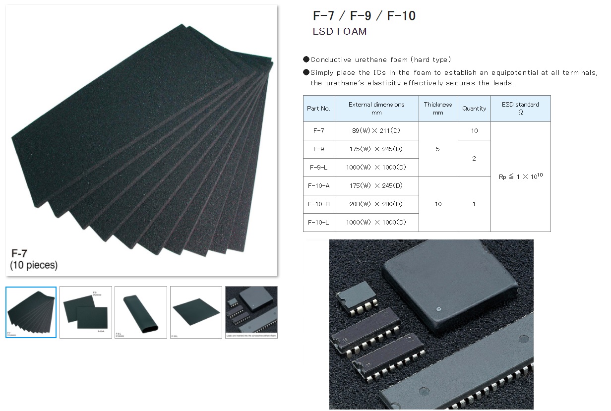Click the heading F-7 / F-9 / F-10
tap(364, 16)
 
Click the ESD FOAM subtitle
tap(340, 32)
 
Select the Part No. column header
tap(318, 109)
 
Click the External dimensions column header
tap(376, 109)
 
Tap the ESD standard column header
tap(520, 109)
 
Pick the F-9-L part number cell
tap(318, 167)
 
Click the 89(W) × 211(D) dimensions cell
tap(376, 131)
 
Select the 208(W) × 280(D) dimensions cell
tap(376, 204)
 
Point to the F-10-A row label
tap(318, 185)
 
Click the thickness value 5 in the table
tap(438, 149)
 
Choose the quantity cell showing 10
tap(474, 131)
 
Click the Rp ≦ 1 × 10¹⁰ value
tap(520, 176)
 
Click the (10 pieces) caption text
tap(34, 266)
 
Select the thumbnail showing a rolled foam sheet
tap(141, 312)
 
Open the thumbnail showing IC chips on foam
tap(251, 312)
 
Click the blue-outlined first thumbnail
tap(31, 312)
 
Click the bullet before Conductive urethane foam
tap(306, 59)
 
